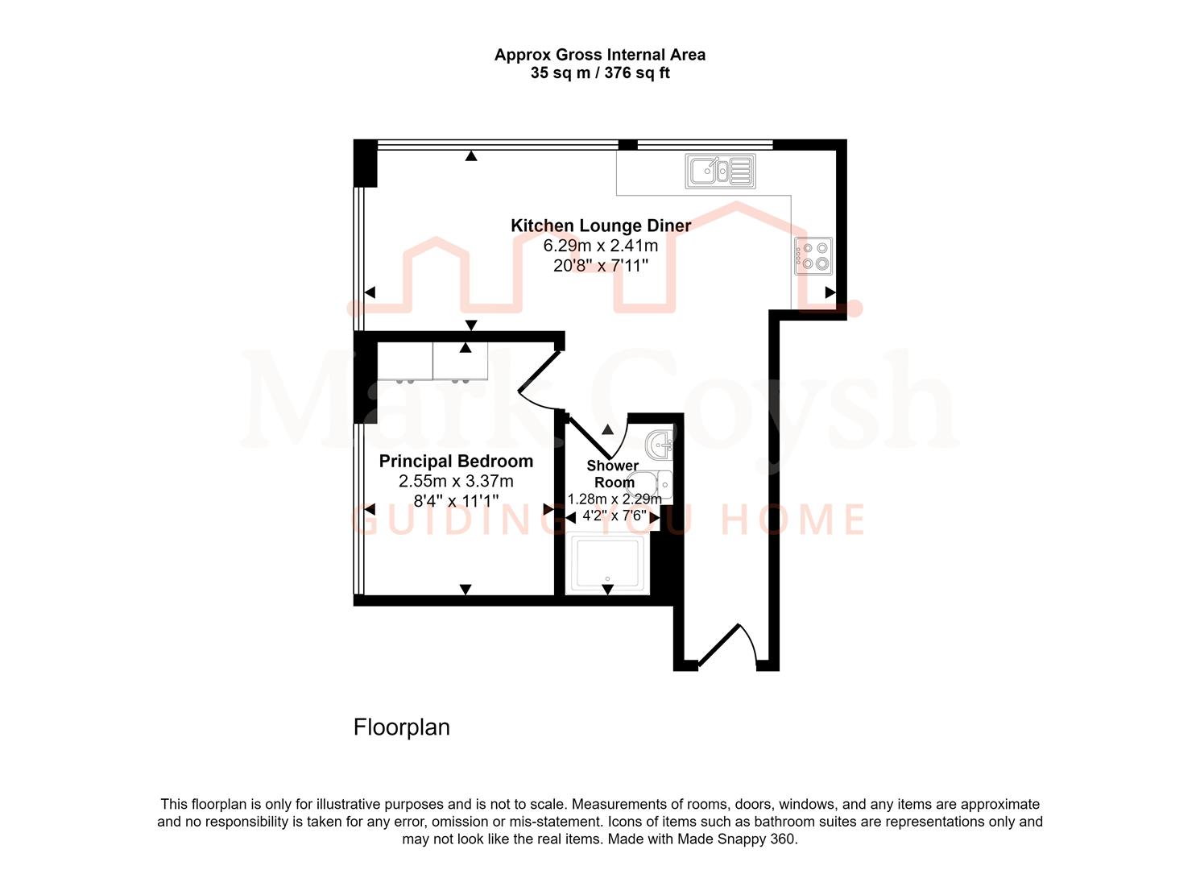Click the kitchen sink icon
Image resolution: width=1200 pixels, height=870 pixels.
point(720,172)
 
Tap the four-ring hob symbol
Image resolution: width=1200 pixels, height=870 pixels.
point(813,256)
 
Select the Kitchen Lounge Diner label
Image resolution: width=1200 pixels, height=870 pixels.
point(601,226)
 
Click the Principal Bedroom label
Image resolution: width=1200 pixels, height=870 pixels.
point(456,462)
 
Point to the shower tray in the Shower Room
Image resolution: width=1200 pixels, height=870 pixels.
point(608,564)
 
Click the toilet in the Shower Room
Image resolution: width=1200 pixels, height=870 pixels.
point(649,484)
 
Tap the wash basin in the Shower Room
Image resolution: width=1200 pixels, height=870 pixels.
point(660,444)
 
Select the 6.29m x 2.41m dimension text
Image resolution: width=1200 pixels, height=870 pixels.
point(601,246)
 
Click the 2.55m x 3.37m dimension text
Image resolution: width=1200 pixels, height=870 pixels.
point(456,481)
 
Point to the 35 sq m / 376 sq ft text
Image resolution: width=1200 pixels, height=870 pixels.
point(600,72)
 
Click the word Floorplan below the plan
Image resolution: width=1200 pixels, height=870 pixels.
point(402,727)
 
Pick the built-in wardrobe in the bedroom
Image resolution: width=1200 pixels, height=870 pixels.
point(432,362)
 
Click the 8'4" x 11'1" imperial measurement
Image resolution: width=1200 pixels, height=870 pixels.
point(456,501)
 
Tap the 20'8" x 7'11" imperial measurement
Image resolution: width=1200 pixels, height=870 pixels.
point(601,266)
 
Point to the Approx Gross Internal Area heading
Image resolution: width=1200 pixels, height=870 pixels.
point(600,55)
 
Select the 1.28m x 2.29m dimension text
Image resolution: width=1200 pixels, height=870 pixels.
point(614,499)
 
